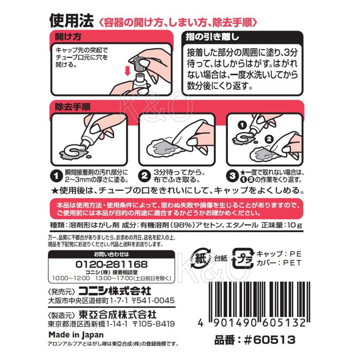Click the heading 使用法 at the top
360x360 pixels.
(72, 21)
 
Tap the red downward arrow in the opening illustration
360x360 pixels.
(127, 71)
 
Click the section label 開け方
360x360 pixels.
(68, 36)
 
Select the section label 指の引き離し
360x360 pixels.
(212, 37)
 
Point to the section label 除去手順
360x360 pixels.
(72, 107)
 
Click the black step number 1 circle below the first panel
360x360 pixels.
(56, 176)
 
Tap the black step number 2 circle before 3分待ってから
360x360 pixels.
(144, 176)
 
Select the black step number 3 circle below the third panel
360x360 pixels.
(232, 176)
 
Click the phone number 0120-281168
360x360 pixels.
(111, 264)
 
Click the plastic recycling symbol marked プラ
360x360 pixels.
(243, 258)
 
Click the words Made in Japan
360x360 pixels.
(76, 335)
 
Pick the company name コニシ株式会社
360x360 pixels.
(115, 291)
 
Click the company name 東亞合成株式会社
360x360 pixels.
(117, 315)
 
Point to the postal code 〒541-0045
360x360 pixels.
(153, 301)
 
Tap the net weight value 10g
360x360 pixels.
(294, 225)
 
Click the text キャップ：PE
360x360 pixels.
(279, 254)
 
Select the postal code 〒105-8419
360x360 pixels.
(153, 324)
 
